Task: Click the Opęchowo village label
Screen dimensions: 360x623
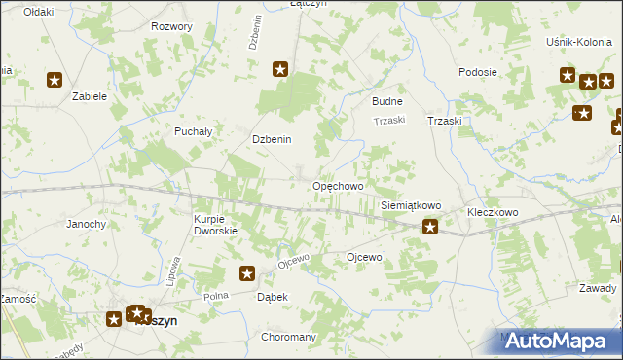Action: coord(337,186)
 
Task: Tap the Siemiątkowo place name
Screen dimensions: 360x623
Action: coord(411,206)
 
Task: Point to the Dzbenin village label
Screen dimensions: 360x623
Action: coord(273,139)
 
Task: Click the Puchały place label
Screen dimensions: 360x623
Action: coord(193,130)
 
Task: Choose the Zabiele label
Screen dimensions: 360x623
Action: coord(89,97)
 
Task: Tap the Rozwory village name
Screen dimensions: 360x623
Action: coord(171,26)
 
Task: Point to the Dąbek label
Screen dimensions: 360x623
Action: coord(273,297)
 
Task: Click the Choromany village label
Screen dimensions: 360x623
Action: coord(289,337)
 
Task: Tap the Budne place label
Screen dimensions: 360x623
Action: coord(387,101)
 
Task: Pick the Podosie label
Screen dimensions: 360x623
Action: coord(478,73)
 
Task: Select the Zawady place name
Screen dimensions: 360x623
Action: coord(597,288)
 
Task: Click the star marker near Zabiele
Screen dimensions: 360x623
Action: coord(55,81)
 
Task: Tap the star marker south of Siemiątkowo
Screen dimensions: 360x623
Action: coord(429,228)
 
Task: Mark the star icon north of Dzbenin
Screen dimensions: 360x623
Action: coord(280,69)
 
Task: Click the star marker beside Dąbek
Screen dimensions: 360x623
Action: coord(247,275)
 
